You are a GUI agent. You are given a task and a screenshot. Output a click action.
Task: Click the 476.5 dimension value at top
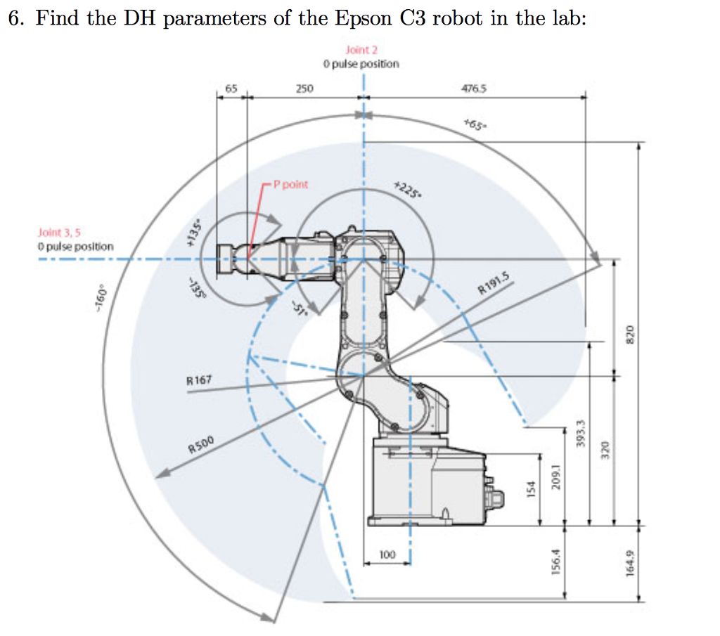point(474,89)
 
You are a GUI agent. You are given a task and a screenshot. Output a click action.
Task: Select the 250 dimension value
point(304,89)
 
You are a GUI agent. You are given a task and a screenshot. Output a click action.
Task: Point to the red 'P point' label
point(290,184)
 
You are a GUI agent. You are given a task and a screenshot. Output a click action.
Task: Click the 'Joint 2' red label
point(361,50)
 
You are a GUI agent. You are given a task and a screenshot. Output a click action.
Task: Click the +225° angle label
point(405,188)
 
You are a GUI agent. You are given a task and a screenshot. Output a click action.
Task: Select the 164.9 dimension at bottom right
point(629,563)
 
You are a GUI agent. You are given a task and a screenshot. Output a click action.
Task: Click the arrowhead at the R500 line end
point(160,474)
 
